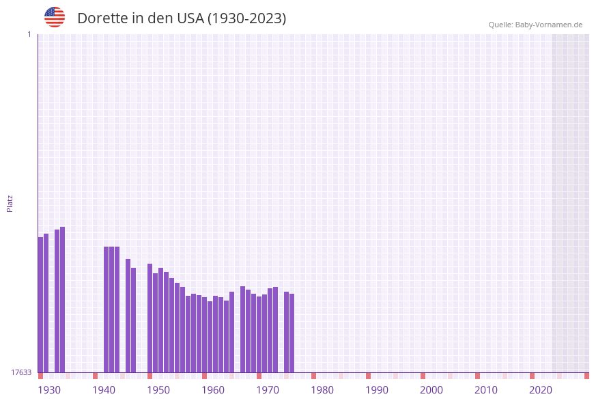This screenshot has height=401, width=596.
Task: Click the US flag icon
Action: click(x=55, y=17)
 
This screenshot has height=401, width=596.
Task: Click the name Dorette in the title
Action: click(x=103, y=18)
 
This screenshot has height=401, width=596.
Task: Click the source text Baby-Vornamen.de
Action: click(x=549, y=25)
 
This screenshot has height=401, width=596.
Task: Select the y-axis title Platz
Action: click(x=10, y=203)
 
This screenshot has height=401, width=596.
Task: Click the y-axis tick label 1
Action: click(x=29, y=34)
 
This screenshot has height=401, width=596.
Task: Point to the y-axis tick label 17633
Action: click(x=21, y=372)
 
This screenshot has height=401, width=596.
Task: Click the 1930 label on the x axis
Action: click(x=49, y=390)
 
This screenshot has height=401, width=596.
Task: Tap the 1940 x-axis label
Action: click(x=104, y=390)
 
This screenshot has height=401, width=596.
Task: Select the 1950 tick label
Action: click(x=158, y=390)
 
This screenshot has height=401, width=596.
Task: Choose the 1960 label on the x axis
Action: click(x=213, y=390)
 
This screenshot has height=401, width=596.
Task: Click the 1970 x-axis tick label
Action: click(x=268, y=390)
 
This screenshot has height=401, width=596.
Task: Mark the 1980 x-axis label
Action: click(x=322, y=390)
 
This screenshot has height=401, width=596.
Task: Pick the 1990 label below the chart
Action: click(x=377, y=390)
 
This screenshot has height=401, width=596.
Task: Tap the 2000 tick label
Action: click(x=431, y=390)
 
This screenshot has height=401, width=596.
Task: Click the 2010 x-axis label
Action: click(x=486, y=390)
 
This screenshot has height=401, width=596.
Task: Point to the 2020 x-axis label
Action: click(x=541, y=390)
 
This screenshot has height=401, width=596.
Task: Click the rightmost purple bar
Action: click(x=292, y=333)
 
